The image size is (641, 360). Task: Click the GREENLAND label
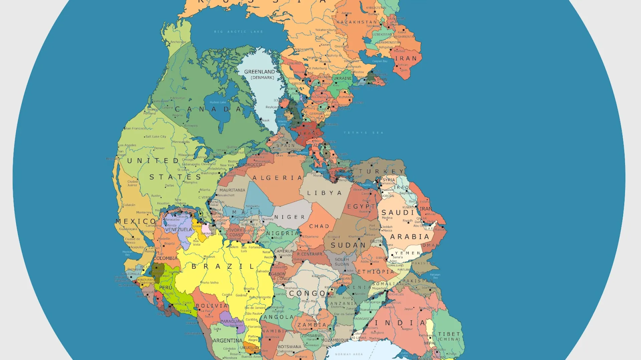(x=259, y=72)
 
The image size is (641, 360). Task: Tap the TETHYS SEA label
(x=364, y=133)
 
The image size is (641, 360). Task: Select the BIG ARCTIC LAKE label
(x=238, y=32)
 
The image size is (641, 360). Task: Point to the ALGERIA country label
(x=277, y=178)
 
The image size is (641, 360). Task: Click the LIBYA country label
(x=325, y=193)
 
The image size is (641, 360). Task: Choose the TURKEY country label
(x=382, y=172)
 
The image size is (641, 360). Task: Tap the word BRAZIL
(x=223, y=266)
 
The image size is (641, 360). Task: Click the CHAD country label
(x=319, y=226)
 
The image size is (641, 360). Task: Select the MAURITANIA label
(x=232, y=190)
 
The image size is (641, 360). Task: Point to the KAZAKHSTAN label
(x=357, y=22)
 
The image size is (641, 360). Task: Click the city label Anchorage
(x=178, y=42)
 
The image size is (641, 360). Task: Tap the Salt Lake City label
(x=156, y=137)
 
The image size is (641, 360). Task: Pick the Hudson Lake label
(x=218, y=102)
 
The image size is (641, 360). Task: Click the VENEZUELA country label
(x=179, y=230)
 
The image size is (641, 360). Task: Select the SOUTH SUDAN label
(x=342, y=262)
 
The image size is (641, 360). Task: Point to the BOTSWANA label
(x=289, y=347)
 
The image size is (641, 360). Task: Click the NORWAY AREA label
(x=349, y=354)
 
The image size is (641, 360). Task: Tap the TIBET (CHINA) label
(x=449, y=336)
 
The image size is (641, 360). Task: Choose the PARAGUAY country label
(x=231, y=321)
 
